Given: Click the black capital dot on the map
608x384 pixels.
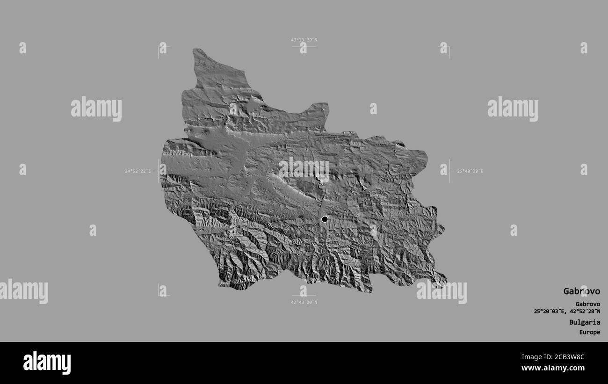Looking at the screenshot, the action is [325, 219].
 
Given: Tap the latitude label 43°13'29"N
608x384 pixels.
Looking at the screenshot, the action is [304, 40].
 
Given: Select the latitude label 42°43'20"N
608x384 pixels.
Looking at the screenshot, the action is [304, 302].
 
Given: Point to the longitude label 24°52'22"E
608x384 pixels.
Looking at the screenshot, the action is [138, 171].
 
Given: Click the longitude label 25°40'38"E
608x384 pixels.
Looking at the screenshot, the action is [470, 171].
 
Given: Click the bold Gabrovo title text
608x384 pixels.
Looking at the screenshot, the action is [581, 291].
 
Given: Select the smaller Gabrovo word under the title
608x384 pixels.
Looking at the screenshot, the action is [585, 304].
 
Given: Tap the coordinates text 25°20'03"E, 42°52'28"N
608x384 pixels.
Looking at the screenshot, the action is [567, 312].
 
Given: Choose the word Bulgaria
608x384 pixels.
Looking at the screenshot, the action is [585, 322].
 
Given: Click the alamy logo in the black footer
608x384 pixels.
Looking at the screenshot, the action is [47, 363].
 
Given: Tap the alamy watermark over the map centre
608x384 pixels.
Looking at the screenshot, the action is [304, 170].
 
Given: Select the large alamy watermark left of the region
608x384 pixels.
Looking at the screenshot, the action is [96, 109].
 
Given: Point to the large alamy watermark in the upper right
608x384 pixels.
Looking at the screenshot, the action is [513, 109].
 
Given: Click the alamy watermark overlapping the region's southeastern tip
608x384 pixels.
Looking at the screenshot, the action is [442, 291].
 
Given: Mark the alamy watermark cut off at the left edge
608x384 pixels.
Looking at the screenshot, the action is [24, 291].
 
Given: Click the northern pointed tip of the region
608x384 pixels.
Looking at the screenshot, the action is [196, 50].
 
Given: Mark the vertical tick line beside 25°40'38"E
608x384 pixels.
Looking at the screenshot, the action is [450, 171].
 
